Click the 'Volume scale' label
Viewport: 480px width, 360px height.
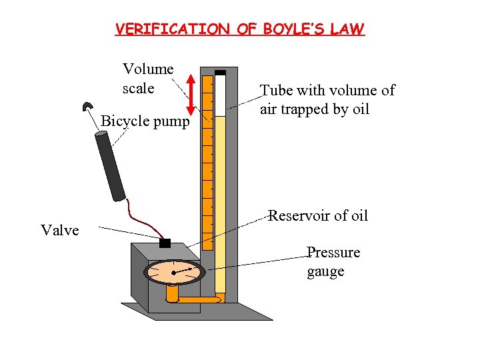click(x=147, y=79)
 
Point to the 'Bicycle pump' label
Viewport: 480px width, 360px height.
click(x=145, y=122)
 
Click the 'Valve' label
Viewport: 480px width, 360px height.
click(x=60, y=231)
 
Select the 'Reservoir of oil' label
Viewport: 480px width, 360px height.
click(x=318, y=215)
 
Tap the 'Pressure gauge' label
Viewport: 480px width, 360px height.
click(x=333, y=262)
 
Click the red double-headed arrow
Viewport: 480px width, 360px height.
click(x=191, y=95)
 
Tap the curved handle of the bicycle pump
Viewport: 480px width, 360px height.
click(x=87, y=108)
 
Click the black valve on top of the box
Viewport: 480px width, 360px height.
click(x=165, y=243)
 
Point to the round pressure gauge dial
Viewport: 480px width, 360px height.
click(x=174, y=272)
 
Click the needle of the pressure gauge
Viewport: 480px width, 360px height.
click(x=185, y=271)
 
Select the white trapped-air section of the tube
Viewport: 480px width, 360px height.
click(x=220, y=94)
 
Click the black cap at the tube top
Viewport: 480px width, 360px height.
click(x=220, y=72)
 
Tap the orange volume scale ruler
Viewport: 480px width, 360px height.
click(x=207, y=153)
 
